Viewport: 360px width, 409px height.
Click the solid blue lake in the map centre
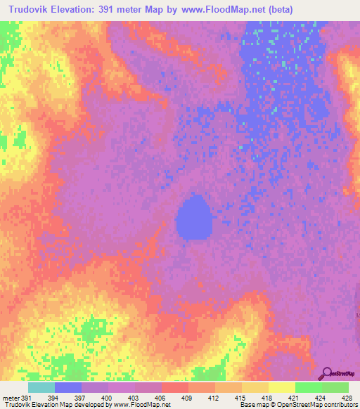(193, 218)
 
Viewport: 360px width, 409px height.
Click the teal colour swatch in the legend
(41, 387)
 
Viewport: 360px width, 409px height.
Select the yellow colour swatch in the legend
(282, 387)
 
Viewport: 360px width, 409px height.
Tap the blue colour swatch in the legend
(68, 387)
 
